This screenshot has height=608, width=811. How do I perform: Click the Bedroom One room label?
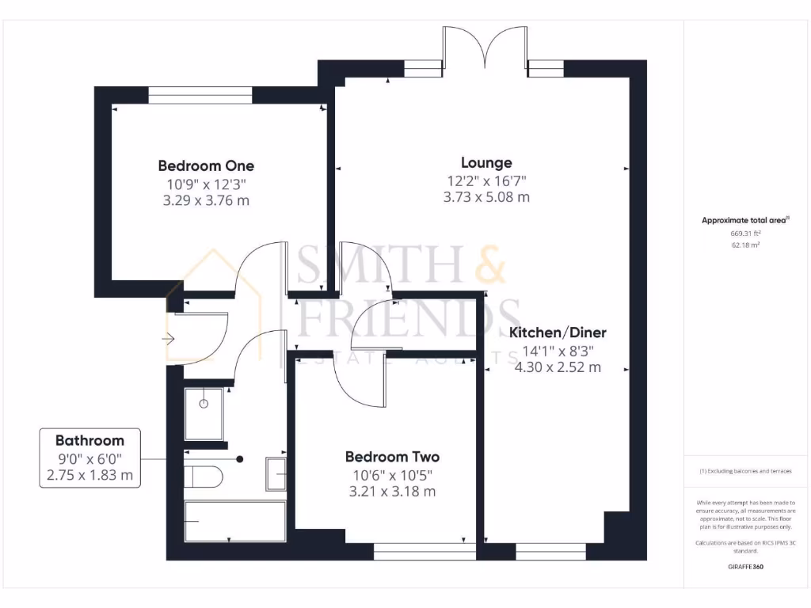click(206, 165)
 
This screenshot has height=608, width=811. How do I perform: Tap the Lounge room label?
click(486, 163)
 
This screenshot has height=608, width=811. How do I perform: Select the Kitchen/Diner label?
click(558, 332)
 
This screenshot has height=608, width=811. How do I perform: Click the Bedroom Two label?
click(392, 457)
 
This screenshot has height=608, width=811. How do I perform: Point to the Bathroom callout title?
click(89, 441)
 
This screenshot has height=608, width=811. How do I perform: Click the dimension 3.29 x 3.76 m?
click(206, 200)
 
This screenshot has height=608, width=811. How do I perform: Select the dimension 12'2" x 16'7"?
click(486, 180)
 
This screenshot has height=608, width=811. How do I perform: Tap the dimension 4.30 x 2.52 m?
click(558, 367)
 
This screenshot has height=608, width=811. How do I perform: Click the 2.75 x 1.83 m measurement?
click(89, 476)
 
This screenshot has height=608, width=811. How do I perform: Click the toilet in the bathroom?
click(204, 477)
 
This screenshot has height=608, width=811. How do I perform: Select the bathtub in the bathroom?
click(235, 521)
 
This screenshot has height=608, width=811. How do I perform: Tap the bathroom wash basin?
click(276, 474)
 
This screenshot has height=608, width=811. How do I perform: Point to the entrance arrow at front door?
click(169, 339)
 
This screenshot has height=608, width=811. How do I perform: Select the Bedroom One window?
click(200, 96)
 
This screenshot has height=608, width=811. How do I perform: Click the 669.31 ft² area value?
click(744, 234)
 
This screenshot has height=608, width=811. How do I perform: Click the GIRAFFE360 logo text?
click(744, 567)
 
